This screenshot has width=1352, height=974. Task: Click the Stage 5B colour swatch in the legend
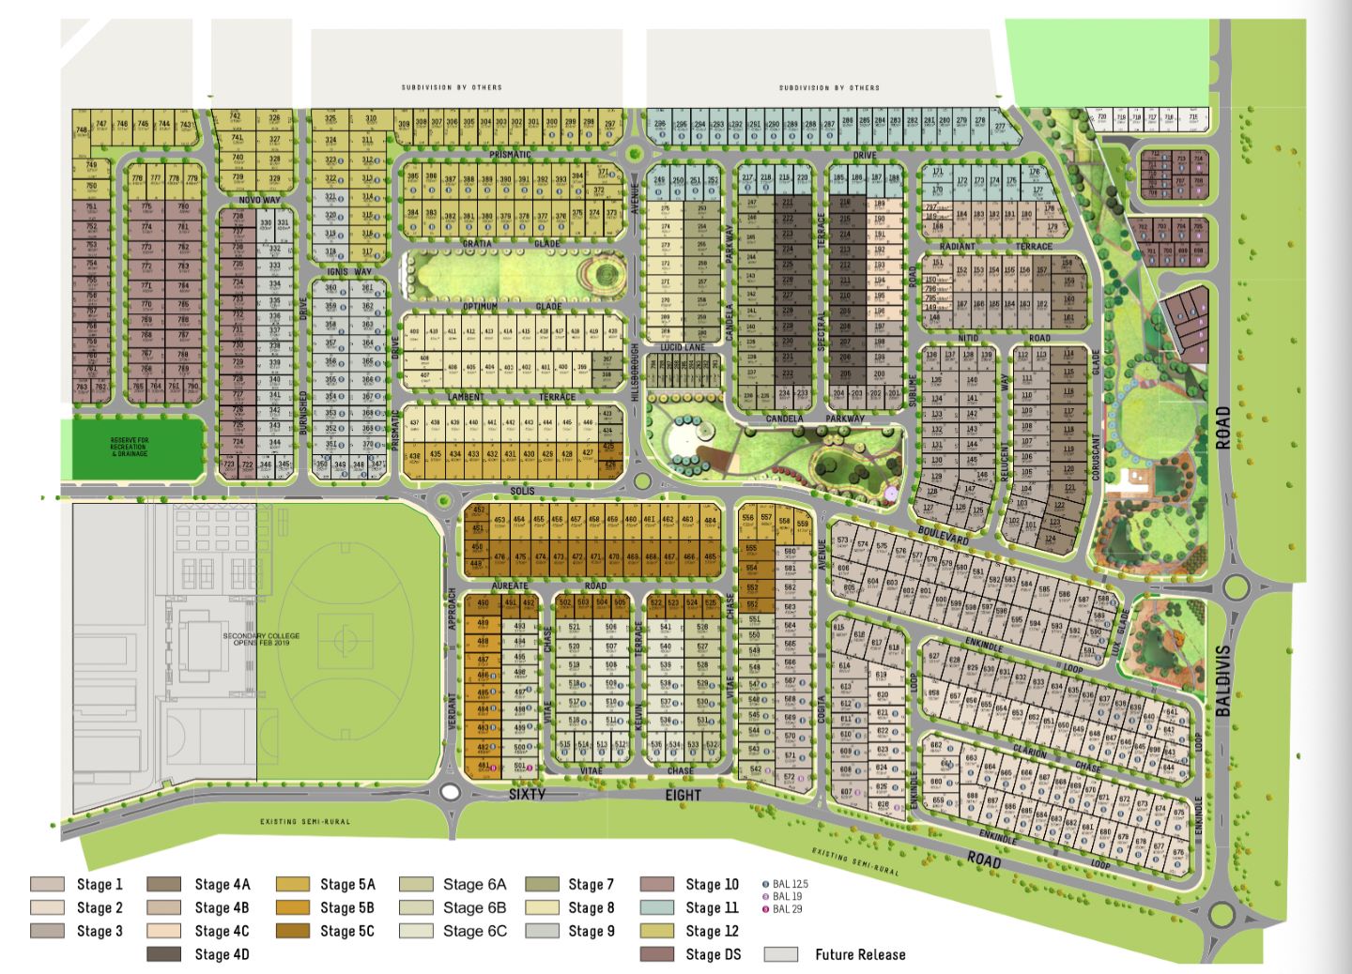click(x=294, y=907)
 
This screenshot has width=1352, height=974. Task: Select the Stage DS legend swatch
click(x=657, y=954)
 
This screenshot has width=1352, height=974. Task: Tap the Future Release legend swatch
click(x=781, y=954)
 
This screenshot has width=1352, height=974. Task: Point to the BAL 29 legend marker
click(x=765, y=908)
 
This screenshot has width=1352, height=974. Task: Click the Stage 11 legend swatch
click(x=657, y=907)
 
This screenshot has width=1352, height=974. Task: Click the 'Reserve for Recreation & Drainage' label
click(x=130, y=446)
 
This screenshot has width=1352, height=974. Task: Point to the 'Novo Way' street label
click(x=259, y=200)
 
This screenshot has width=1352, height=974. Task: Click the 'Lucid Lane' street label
click(x=682, y=347)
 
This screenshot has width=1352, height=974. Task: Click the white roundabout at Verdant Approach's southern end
click(x=450, y=793)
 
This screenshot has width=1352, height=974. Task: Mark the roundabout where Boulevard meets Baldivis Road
click(x=1237, y=588)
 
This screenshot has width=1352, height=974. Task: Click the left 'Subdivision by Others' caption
click(x=452, y=87)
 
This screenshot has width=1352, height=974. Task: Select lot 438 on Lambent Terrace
click(x=414, y=457)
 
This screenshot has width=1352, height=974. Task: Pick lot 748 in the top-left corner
click(x=81, y=129)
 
